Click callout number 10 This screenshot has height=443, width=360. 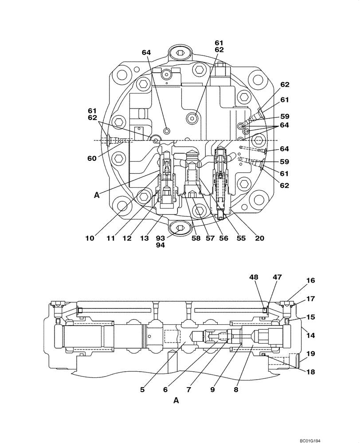90,238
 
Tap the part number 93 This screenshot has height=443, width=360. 160,238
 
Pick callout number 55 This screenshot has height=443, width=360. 241,238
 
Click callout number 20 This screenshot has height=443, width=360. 260,238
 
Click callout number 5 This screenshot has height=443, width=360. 142,390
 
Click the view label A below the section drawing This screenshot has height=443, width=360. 176,400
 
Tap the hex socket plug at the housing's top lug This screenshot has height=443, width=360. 180,53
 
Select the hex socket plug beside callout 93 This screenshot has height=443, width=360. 179,229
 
